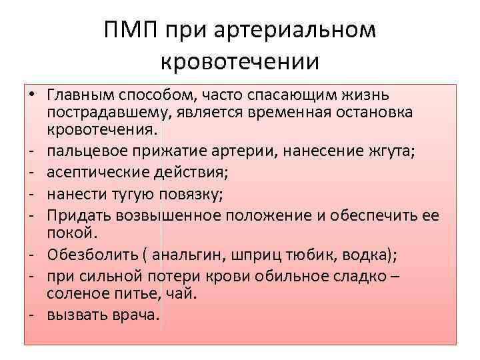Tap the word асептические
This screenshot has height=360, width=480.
coord(95,173)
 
